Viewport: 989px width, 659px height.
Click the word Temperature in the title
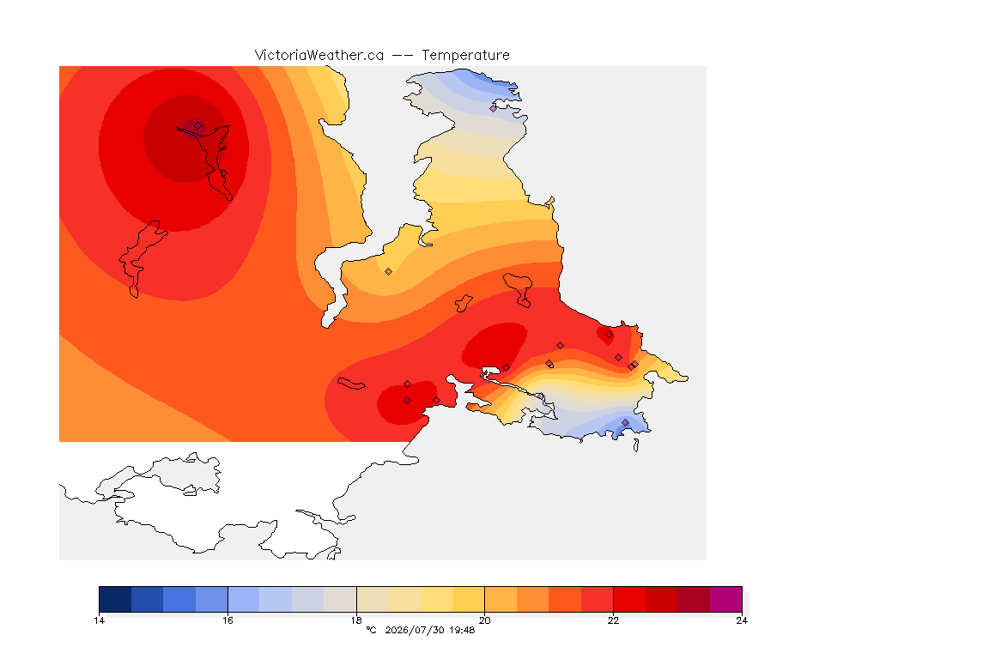(x=465, y=56)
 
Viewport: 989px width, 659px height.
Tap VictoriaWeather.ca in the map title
(x=319, y=56)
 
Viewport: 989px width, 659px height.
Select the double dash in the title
(x=403, y=56)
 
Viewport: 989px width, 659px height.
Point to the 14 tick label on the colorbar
(x=99, y=620)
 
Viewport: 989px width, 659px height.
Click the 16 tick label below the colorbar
(x=228, y=620)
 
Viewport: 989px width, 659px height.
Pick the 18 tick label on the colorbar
(x=356, y=620)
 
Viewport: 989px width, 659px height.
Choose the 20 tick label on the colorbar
(x=484, y=620)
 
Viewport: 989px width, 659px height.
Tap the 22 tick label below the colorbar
(x=613, y=620)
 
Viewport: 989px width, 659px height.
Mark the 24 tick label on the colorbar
(x=742, y=620)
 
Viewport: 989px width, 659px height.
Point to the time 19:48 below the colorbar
(x=462, y=630)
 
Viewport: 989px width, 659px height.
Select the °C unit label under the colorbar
(x=372, y=630)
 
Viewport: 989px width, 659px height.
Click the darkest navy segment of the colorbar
(x=115, y=599)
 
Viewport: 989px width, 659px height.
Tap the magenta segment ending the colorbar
(x=726, y=599)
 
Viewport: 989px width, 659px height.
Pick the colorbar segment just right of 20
(x=501, y=599)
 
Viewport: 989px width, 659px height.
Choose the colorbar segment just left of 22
(x=598, y=599)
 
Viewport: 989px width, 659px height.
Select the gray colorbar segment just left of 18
(x=340, y=599)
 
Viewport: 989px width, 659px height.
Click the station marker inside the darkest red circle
(x=198, y=126)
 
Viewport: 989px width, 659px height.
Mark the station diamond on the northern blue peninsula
(x=494, y=108)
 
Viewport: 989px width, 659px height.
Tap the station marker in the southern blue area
(x=625, y=422)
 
